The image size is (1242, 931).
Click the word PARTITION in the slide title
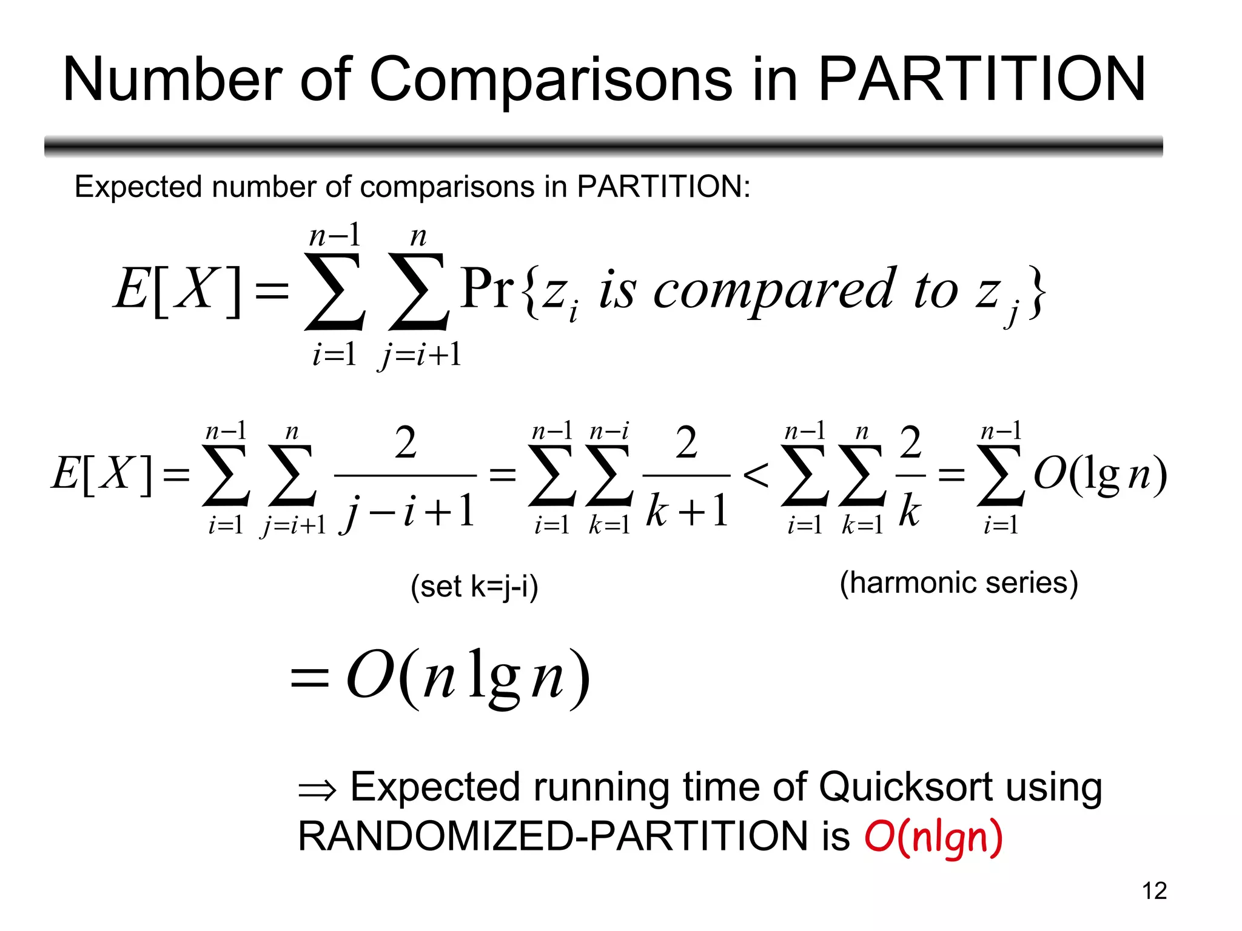(x=982, y=79)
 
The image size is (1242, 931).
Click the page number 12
(x=1154, y=891)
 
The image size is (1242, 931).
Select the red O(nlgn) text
(x=933, y=836)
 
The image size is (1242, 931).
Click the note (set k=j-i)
(x=474, y=587)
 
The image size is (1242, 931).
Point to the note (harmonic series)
(x=959, y=583)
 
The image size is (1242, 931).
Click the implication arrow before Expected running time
(x=317, y=790)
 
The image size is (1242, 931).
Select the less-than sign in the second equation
(x=756, y=475)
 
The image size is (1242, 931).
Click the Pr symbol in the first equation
(x=487, y=289)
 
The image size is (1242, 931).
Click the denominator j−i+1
(x=407, y=511)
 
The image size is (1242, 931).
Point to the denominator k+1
(x=686, y=511)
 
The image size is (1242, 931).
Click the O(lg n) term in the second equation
(x=1100, y=475)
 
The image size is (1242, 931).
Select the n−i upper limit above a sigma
(x=609, y=431)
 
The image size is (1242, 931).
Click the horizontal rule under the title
(x=603, y=146)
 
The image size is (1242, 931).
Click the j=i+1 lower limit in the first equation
(x=420, y=355)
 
